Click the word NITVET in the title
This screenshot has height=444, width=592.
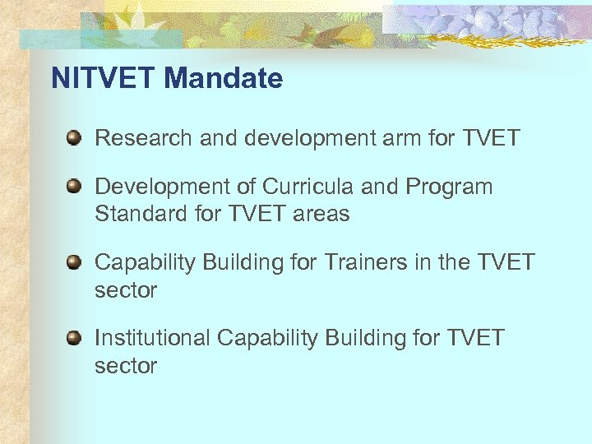pos(104,79)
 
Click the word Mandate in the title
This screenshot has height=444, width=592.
pos(223,79)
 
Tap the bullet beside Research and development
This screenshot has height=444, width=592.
pos(74,136)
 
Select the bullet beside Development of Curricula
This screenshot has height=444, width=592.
pos(74,186)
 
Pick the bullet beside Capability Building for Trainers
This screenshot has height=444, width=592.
pos(74,262)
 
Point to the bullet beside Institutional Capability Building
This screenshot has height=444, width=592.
pos(74,337)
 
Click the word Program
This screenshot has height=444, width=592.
pos(449,187)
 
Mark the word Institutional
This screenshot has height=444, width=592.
pos(152,338)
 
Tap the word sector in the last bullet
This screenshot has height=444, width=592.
pos(126,366)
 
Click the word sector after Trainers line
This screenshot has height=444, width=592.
pos(126,290)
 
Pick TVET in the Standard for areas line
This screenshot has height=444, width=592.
pos(253,214)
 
